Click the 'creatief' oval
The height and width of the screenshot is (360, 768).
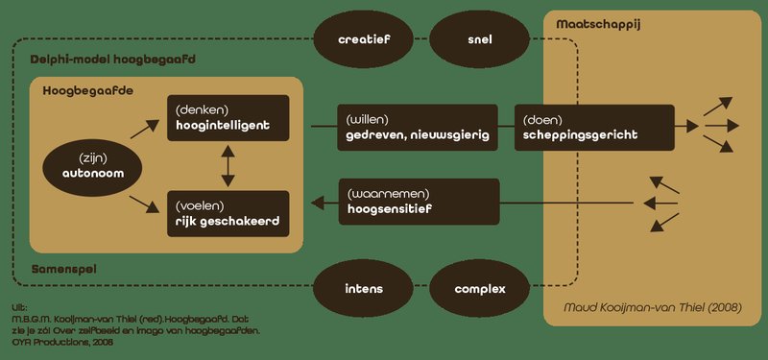(x=364, y=39)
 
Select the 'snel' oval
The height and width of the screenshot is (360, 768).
(x=479, y=39)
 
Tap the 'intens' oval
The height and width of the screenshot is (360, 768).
(x=364, y=289)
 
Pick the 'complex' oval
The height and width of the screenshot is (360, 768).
(x=479, y=289)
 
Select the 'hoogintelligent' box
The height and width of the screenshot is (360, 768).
(x=228, y=118)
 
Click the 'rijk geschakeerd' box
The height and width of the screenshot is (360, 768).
(x=228, y=214)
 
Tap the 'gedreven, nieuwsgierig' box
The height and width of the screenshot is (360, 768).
(x=418, y=128)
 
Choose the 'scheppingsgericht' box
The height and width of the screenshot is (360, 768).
(x=594, y=128)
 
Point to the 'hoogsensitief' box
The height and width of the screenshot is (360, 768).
(x=419, y=202)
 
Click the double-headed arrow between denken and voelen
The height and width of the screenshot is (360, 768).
(x=228, y=166)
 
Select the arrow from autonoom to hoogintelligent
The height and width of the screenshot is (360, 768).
(x=145, y=130)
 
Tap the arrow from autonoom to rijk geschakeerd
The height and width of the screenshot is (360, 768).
(x=145, y=204)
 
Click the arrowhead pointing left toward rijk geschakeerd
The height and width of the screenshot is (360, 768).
(x=318, y=203)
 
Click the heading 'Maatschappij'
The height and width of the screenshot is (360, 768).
(x=598, y=25)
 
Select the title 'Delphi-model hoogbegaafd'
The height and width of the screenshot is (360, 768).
(x=112, y=60)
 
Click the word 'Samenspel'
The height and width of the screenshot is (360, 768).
(x=64, y=269)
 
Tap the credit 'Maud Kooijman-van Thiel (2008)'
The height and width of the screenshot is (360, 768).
(x=653, y=308)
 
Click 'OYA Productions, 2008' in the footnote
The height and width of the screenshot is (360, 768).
(x=62, y=343)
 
